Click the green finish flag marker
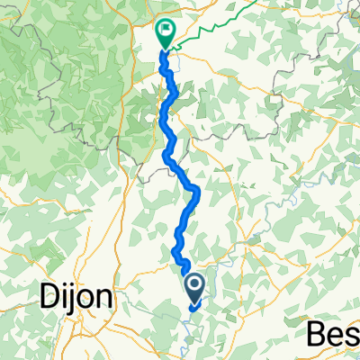pyautogui.click(x=166, y=33)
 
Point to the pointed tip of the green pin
pyautogui.click(x=166, y=48)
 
